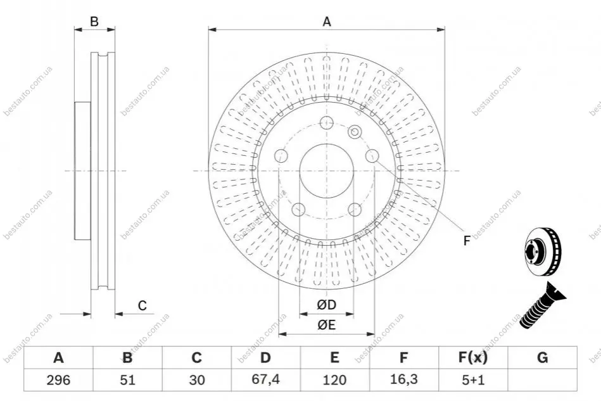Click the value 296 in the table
[58, 380]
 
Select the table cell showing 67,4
[265, 379]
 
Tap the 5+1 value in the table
[473, 380]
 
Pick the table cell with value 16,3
[404, 379]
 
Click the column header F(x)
[473, 358]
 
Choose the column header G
[542, 358]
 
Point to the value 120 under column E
[334, 380]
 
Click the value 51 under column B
[128, 380]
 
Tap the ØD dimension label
[326, 305]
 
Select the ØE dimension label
[326, 325]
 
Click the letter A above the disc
[327, 22]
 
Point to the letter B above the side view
[94, 22]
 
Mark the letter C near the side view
[142, 305]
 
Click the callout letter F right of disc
[467, 241]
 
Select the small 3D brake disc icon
[542, 251]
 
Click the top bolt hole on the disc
[326, 123]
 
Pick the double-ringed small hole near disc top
[355, 132]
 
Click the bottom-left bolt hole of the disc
[298, 209]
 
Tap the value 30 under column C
[196, 380]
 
